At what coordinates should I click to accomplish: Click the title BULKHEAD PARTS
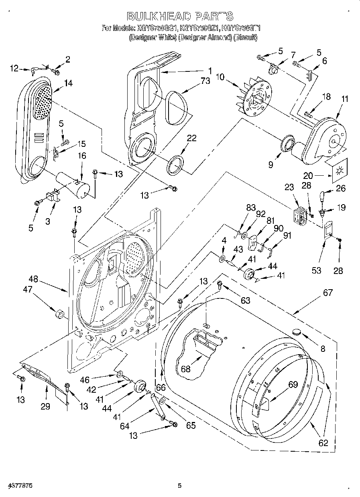point(180,16)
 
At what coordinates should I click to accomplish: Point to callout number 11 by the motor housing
point(345,99)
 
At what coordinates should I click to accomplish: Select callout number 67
point(327,293)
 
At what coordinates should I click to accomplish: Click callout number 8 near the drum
point(323,348)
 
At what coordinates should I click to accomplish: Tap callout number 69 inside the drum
point(293,385)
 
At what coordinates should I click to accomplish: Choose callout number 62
point(323,443)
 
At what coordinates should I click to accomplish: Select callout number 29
point(45,406)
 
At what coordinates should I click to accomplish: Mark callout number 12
point(14,69)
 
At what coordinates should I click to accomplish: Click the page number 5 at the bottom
point(180,486)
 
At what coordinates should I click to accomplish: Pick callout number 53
point(316,270)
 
